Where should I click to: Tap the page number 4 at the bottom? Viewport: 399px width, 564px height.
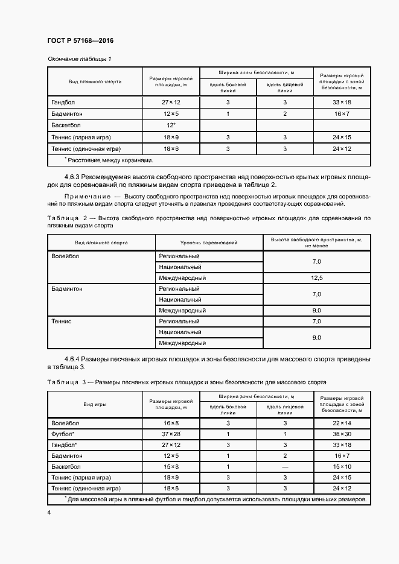tap(49, 512)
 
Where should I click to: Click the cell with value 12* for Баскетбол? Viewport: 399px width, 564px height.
tap(171, 125)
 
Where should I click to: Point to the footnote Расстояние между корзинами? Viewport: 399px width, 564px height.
tap(109, 160)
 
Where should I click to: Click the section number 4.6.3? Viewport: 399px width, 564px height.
tap(73, 176)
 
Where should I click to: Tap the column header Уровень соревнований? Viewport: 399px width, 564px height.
tap(209, 242)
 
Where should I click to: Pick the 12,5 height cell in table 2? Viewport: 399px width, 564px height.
tap(317, 278)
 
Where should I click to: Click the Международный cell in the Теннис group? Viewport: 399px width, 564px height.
tap(182, 343)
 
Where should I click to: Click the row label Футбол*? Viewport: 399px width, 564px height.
tap(63, 434)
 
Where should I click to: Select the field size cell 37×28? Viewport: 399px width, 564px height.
tap(171, 434)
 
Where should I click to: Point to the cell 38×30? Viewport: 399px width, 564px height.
tap(342, 434)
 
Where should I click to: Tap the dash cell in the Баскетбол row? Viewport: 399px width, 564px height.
tap(285, 466)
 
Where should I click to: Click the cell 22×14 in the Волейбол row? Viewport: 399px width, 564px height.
tap(342, 423)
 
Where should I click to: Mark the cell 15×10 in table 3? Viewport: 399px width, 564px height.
tap(342, 466)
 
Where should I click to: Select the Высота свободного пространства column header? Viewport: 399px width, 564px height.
tap(317, 242)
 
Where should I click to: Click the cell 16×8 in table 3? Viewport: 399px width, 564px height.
tap(171, 423)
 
